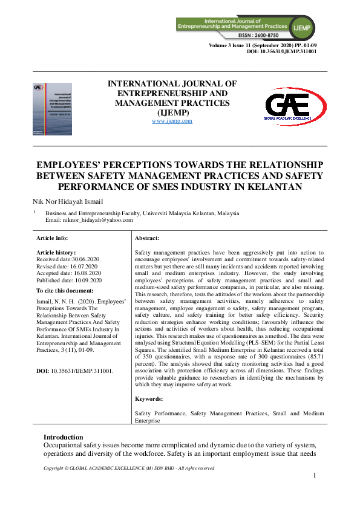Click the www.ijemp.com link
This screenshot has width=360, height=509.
(x=172, y=121)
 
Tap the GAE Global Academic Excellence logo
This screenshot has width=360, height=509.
(x=295, y=106)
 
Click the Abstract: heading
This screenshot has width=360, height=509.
(x=147, y=239)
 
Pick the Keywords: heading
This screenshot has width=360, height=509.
(x=149, y=399)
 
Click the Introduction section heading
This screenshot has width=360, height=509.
(x=64, y=437)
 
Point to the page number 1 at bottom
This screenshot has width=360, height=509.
(x=315, y=476)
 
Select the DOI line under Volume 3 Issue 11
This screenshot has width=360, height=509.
(x=282, y=51)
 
